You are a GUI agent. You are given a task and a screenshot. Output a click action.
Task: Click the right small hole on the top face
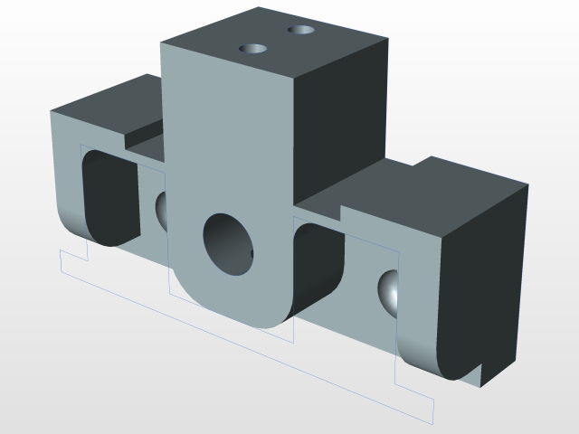[x=302, y=30]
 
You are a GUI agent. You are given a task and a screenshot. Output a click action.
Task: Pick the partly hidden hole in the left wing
[x=163, y=211]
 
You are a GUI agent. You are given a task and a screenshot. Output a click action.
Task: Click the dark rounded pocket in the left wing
[x=109, y=199]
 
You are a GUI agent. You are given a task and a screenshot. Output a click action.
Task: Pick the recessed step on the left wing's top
[x=145, y=141]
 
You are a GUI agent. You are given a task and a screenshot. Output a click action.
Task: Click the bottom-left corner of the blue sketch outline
[x=61, y=269]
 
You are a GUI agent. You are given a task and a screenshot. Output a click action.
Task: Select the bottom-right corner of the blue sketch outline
[x=433, y=422]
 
